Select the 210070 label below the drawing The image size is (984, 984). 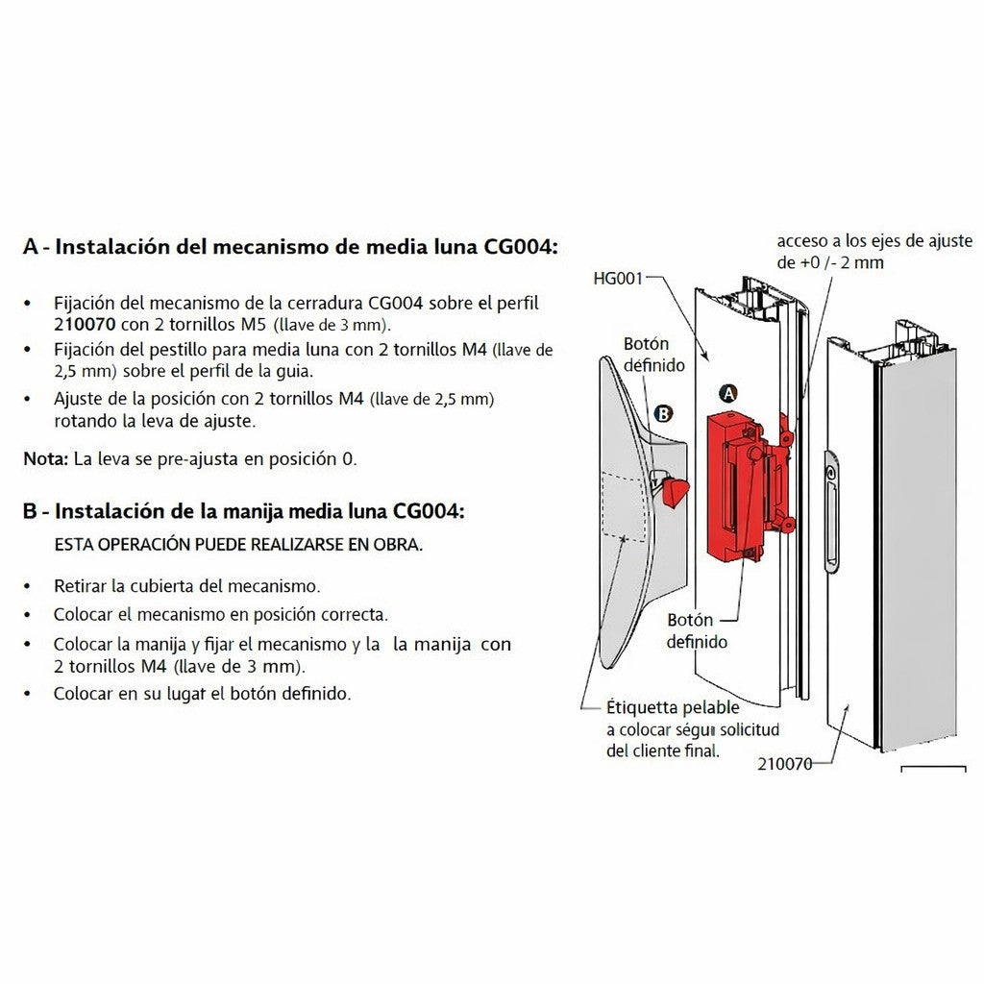click(784, 765)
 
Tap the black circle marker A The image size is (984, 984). click(728, 394)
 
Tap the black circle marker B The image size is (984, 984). click(662, 414)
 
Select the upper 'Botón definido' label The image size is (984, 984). click(653, 355)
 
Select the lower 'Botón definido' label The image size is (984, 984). click(697, 630)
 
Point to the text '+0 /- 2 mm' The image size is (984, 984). click(829, 262)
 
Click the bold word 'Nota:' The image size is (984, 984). click(45, 458)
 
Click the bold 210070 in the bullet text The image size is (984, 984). click(86, 323)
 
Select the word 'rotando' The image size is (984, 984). click(86, 420)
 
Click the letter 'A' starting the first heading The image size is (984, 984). click(32, 247)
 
